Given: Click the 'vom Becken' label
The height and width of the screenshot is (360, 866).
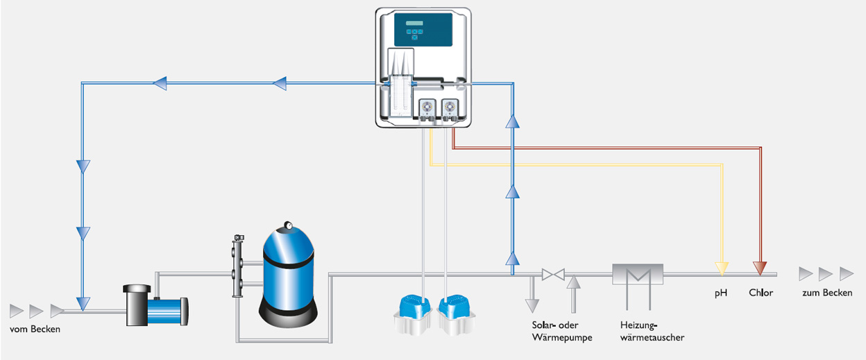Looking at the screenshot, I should coord(35,329).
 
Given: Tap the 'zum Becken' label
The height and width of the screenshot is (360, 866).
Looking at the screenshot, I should coord(827,293).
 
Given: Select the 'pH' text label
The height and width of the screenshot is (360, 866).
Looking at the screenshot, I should coord(721,293).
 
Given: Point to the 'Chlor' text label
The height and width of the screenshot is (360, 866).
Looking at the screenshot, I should coord(761,293).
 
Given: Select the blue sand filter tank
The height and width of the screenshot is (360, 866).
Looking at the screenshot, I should coord(289,277).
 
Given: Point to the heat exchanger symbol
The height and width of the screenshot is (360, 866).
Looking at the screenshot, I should coord(638,275).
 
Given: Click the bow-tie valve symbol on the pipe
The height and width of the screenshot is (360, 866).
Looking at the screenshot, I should coord(553,275).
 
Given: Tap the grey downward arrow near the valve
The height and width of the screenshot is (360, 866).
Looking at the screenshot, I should coord(532,304).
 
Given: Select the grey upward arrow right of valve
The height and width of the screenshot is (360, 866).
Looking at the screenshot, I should coord(573,282).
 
